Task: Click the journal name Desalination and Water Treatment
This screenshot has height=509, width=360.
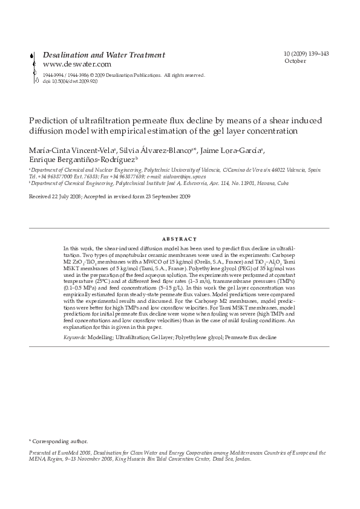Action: pyautogui.click(x=104, y=54)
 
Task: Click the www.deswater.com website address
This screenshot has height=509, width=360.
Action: pyautogui.click(x=77, y=63)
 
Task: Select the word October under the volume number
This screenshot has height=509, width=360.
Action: pyautogui.click(x=295, y=61)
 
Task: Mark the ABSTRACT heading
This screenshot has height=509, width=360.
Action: pyautogui.click(x=180, y=239)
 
